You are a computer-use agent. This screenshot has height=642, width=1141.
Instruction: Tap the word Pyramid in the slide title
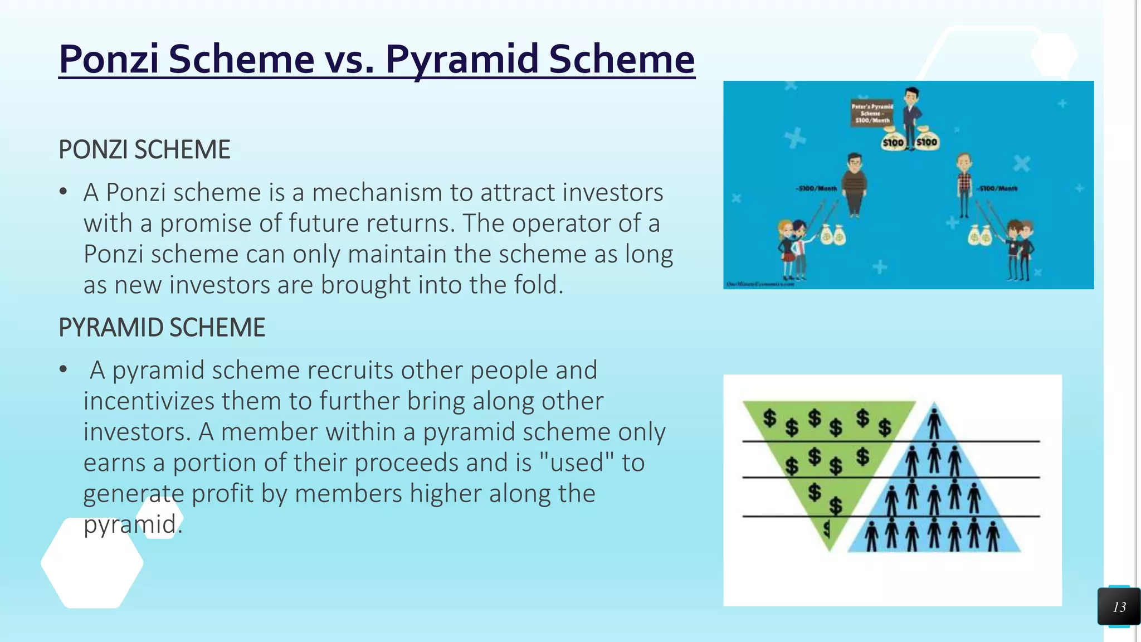462,59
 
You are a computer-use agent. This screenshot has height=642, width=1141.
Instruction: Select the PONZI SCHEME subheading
144,150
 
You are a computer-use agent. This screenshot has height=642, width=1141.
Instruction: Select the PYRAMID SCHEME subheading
162,328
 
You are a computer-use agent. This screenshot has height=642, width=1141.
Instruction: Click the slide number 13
1119,607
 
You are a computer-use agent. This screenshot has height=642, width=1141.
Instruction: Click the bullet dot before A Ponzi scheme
64,192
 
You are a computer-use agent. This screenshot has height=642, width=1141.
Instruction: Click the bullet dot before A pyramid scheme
64,369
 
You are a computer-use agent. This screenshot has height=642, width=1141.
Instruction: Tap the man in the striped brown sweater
854,184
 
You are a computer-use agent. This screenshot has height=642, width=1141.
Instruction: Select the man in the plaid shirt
964,184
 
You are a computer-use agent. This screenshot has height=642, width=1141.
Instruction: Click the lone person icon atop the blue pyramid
934,422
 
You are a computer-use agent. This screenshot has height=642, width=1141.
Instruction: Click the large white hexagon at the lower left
92,563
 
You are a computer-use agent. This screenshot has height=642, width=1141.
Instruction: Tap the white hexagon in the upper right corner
1054,55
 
